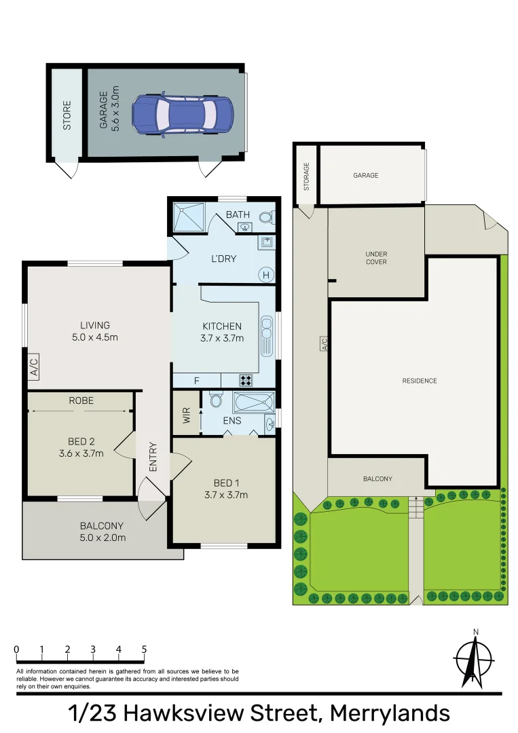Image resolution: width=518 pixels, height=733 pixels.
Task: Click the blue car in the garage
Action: click(182, 113)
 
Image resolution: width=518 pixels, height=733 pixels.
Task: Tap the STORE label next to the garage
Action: click(67, 115)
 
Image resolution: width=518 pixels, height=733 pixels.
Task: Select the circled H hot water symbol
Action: click(266, 275)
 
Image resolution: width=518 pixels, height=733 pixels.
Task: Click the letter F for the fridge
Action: click(197, 381)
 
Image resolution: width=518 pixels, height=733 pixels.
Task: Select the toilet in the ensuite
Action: click(217, 400)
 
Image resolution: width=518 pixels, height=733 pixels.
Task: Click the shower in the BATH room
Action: click(187, 217)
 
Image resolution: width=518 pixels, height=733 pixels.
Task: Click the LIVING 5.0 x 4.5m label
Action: click(94, 331)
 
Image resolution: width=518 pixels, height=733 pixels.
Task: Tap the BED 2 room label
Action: click(81, 447)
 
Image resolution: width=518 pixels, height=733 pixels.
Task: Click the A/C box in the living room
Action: click(34, 367)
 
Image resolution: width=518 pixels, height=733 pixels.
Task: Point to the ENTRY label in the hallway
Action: click(153, 457)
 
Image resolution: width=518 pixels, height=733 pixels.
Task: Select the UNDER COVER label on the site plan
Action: click(376, 258)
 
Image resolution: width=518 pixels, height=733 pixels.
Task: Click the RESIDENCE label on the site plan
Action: click(419, 381)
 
